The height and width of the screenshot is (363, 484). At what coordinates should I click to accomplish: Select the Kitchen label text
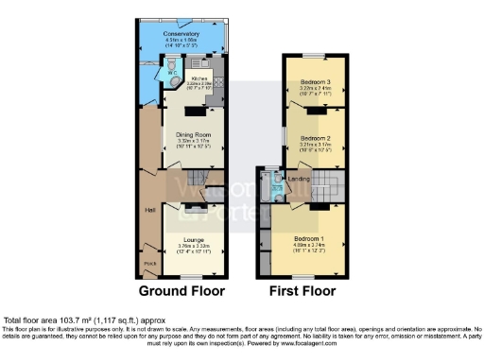(199, 79)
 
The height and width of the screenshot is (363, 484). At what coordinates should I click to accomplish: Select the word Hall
(149, 209)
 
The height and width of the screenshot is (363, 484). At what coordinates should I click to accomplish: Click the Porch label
(148, 262)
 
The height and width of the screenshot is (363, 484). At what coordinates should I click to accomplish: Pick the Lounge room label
(193, 240)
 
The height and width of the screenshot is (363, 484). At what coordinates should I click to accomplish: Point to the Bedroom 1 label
(310, 238)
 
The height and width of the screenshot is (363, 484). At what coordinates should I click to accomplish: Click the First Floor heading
(302, 289)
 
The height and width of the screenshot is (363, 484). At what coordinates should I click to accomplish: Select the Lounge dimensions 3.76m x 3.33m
(193, 247)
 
